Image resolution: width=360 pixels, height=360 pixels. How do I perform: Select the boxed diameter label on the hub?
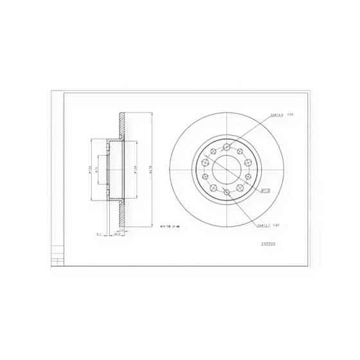[x=263, y=191]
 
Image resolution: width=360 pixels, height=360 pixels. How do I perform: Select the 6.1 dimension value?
[x=98, y=235]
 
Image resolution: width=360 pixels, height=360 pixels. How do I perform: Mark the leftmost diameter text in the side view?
[x=90, y=169]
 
